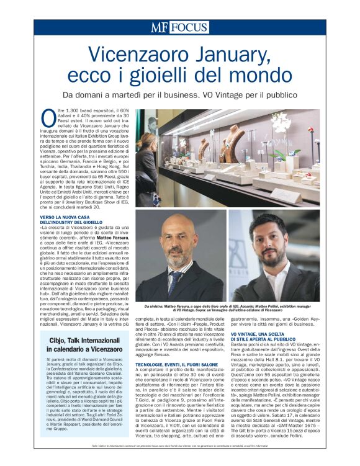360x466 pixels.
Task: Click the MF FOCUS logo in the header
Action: pos(179,27)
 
